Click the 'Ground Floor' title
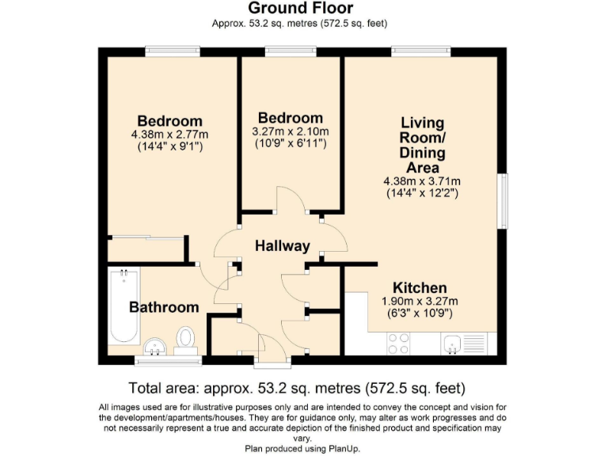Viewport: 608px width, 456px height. point(299,9)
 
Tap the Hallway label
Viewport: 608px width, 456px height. point(282,245)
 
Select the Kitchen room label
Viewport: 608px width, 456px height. point(420,287)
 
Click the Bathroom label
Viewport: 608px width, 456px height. point(164,307)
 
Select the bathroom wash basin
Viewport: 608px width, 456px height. point(154,346)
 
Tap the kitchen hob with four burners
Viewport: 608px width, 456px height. point(399,343)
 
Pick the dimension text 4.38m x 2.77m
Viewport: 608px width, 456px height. point(170,135)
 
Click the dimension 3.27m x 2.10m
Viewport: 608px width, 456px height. point(291,131)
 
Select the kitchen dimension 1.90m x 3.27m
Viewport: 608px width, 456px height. point(420,301)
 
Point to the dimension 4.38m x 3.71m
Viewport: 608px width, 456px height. point(422,181)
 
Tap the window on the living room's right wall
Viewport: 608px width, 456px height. point(502,202)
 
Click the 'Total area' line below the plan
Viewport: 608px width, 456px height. point(296,388)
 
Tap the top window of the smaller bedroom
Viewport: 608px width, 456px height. point(291,52)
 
